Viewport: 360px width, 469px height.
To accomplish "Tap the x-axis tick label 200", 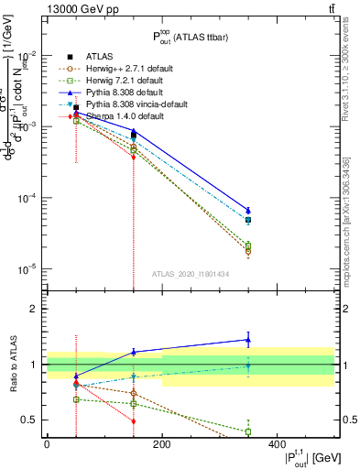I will [161, 445].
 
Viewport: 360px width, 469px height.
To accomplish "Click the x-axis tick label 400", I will [276, 445].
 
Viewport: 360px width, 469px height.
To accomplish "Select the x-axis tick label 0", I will [47, 445].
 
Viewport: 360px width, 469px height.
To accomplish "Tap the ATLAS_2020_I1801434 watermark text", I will [191, 274].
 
